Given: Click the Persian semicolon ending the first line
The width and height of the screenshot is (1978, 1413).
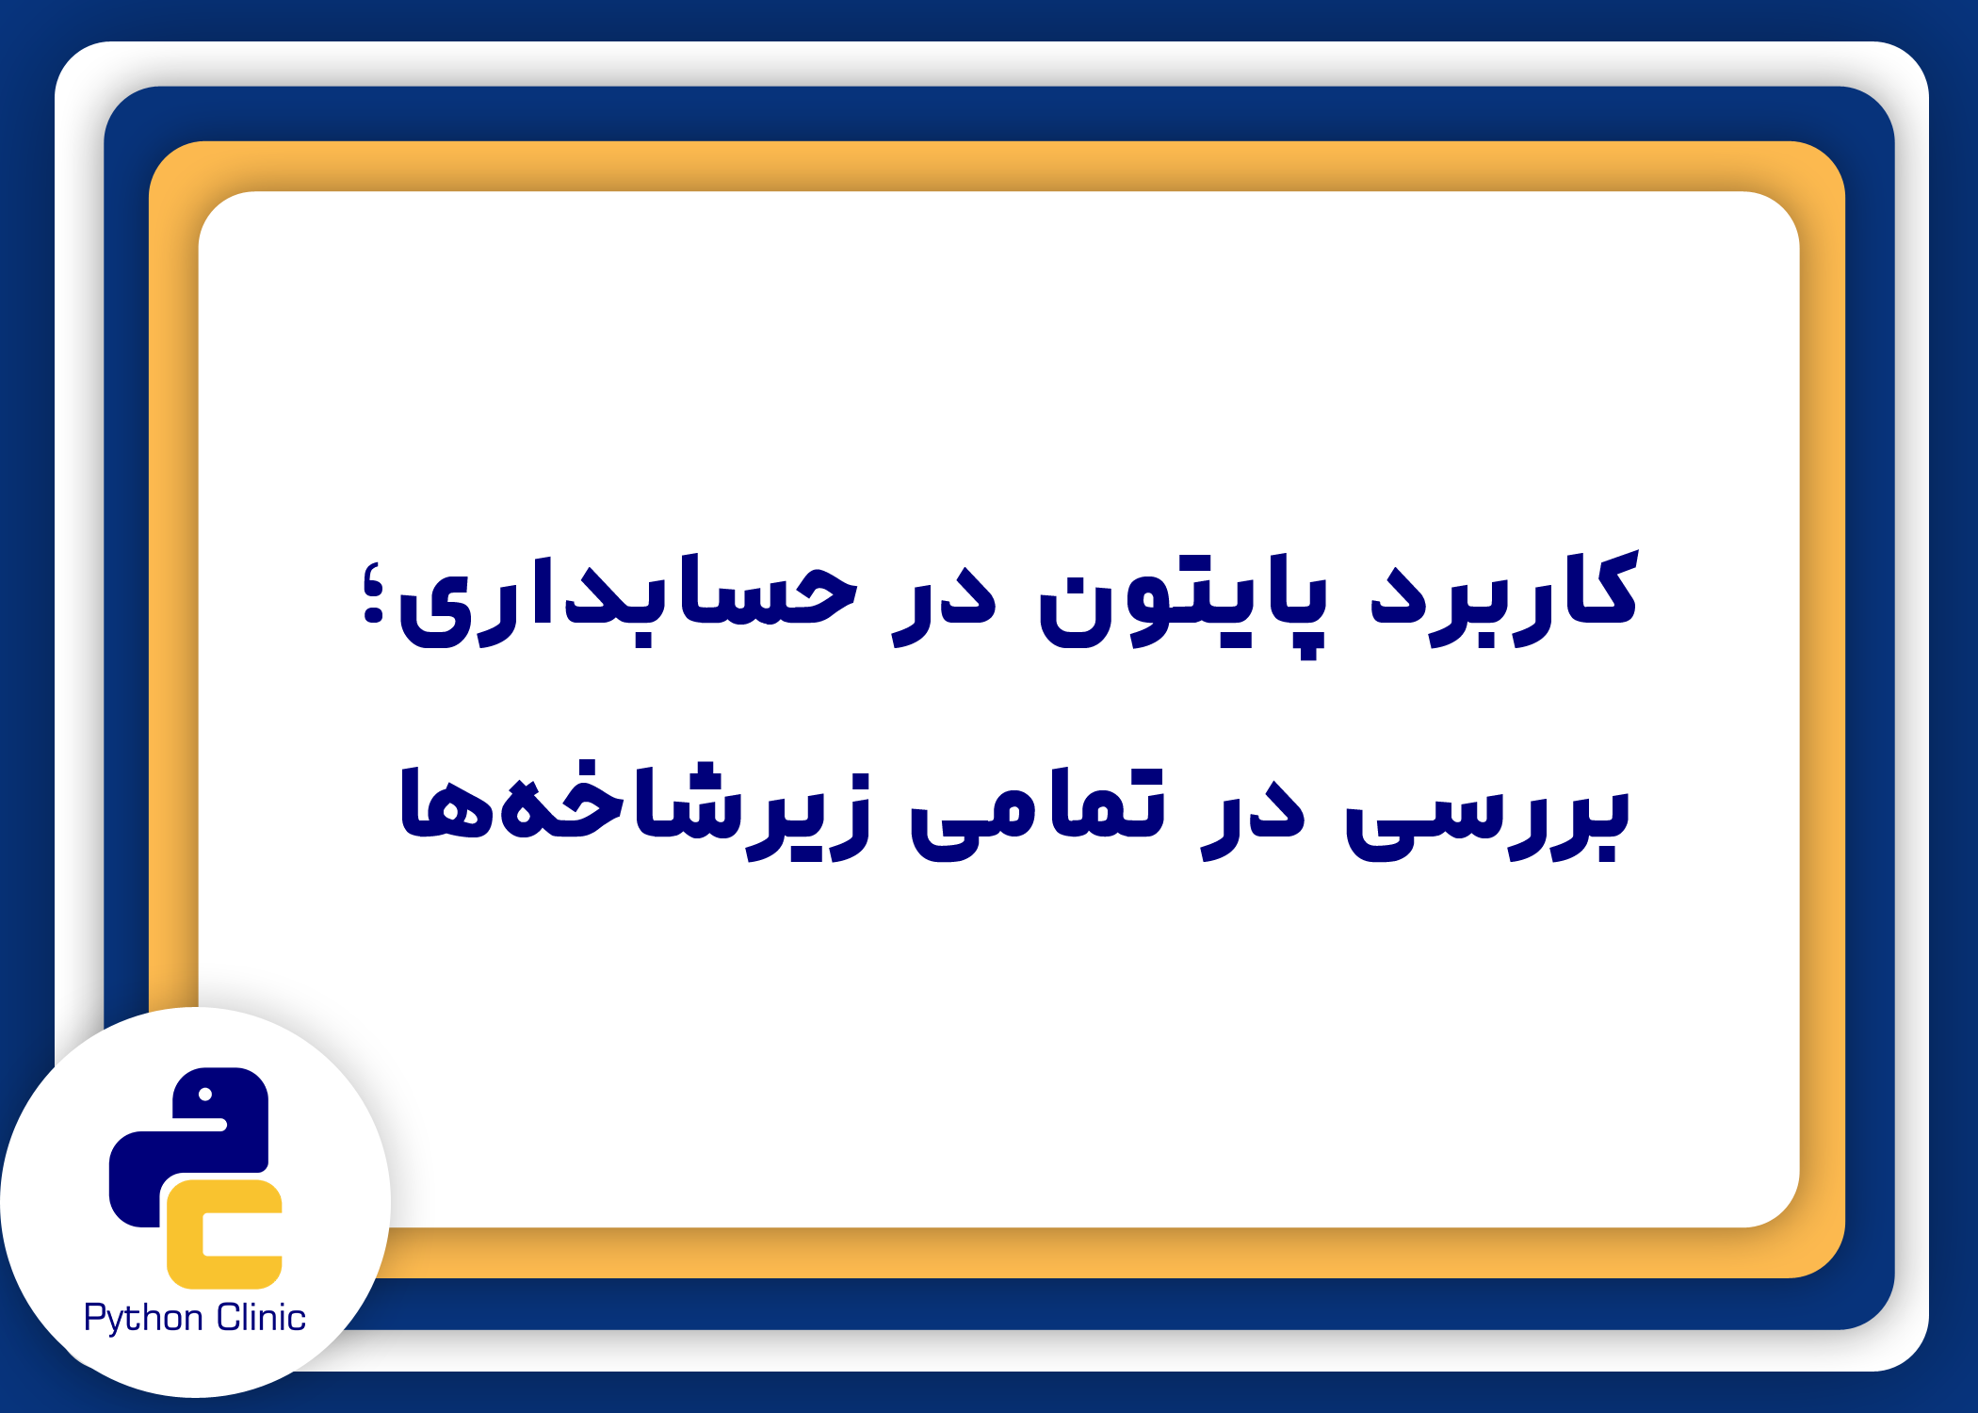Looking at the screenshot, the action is pos(374,593).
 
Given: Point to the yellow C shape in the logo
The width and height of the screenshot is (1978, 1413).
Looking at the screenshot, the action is pos(224,1234).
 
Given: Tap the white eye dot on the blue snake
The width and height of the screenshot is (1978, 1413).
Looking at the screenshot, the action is pos(205,1095).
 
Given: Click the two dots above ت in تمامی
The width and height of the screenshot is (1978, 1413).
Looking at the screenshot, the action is pos(1130,777).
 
